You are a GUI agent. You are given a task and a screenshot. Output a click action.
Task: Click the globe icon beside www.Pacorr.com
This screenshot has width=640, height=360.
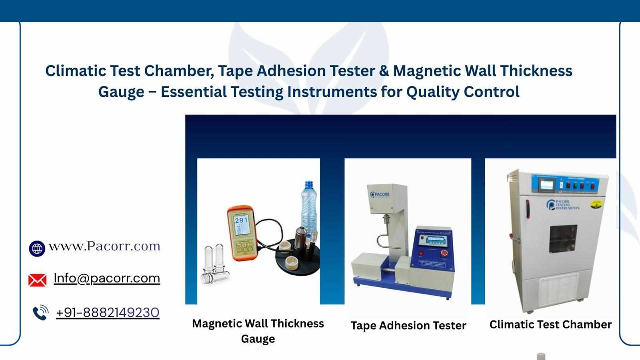pos(37,248)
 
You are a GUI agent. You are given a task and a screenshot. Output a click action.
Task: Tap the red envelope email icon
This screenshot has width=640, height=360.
pos(37,280)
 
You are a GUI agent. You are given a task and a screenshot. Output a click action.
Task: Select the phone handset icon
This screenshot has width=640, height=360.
pos(40,313)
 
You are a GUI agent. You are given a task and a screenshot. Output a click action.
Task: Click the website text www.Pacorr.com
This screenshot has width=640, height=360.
pos(104,246)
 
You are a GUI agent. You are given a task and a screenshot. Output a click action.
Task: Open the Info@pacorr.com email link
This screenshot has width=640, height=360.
pos(107,278)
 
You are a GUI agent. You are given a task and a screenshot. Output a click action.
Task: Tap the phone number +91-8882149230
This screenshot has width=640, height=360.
pos(108,312)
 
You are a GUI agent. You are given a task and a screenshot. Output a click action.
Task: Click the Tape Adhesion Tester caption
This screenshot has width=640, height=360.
pos(408,326)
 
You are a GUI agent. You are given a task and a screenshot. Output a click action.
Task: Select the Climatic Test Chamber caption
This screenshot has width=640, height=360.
pos(550,324)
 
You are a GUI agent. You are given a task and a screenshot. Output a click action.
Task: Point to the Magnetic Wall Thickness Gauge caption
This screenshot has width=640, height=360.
pos(258,331)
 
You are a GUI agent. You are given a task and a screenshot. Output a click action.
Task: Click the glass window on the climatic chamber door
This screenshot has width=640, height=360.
pos(563,239)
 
